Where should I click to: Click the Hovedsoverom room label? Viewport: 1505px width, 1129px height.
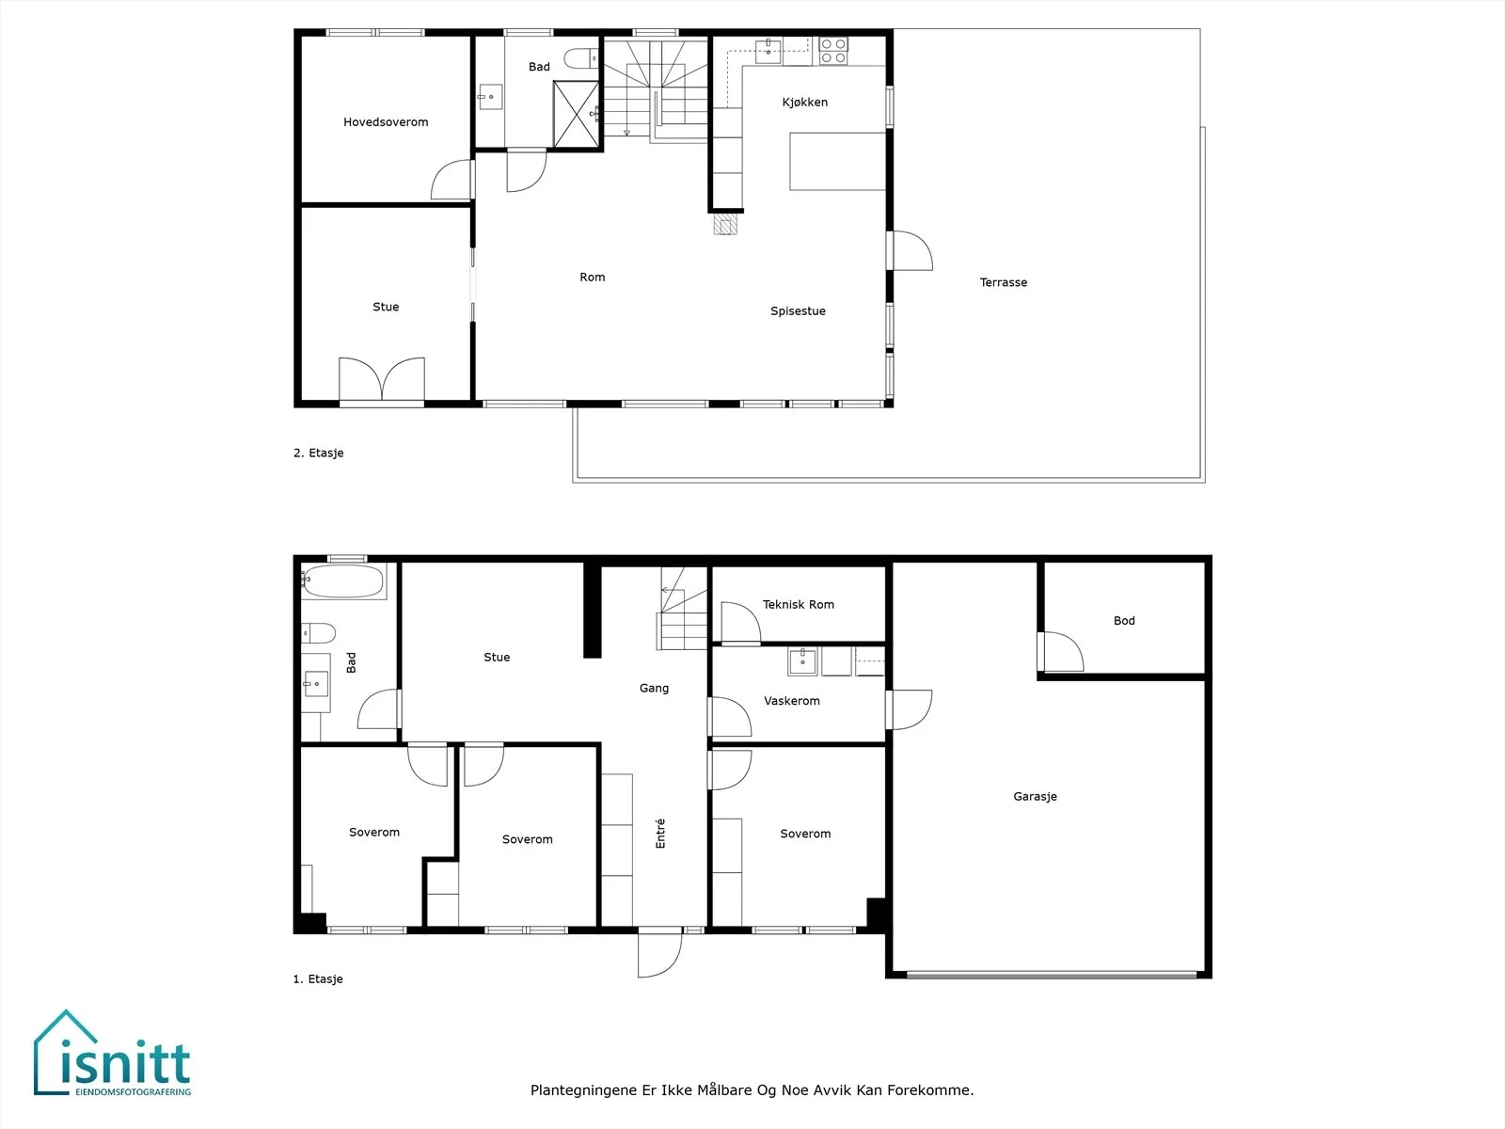(386, 122)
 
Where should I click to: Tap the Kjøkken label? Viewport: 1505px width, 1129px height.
(805, 103)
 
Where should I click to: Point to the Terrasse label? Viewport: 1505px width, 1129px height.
(1003, 282)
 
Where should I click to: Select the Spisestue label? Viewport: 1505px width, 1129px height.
(798, 311)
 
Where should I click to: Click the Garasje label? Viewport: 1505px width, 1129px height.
(1035, 797)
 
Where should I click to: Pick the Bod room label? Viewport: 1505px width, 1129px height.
(1124, 620)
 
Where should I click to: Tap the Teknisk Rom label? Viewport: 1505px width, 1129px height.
(798, 605)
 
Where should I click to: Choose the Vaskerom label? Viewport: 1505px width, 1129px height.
(791, 701)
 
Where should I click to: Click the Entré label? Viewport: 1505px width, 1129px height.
(660, 833)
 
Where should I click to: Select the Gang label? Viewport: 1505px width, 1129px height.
(654, 689)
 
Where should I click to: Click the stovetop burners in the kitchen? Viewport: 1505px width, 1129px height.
(833, 52)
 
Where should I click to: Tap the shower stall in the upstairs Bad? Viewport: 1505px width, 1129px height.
(576, 114)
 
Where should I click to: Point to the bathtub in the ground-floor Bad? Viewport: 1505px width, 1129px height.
(342, 581)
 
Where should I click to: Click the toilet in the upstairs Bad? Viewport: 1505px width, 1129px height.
(581, 58)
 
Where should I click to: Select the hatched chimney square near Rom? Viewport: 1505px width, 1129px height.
(725, 224)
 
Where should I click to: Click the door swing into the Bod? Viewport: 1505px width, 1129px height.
(1060, 651)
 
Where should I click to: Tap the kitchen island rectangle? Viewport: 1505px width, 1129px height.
(837, 161)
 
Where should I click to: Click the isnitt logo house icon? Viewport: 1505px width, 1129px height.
(66, 1052)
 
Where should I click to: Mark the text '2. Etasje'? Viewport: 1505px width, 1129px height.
(318, 453)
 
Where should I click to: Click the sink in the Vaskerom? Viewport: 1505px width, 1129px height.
(802, 661)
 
